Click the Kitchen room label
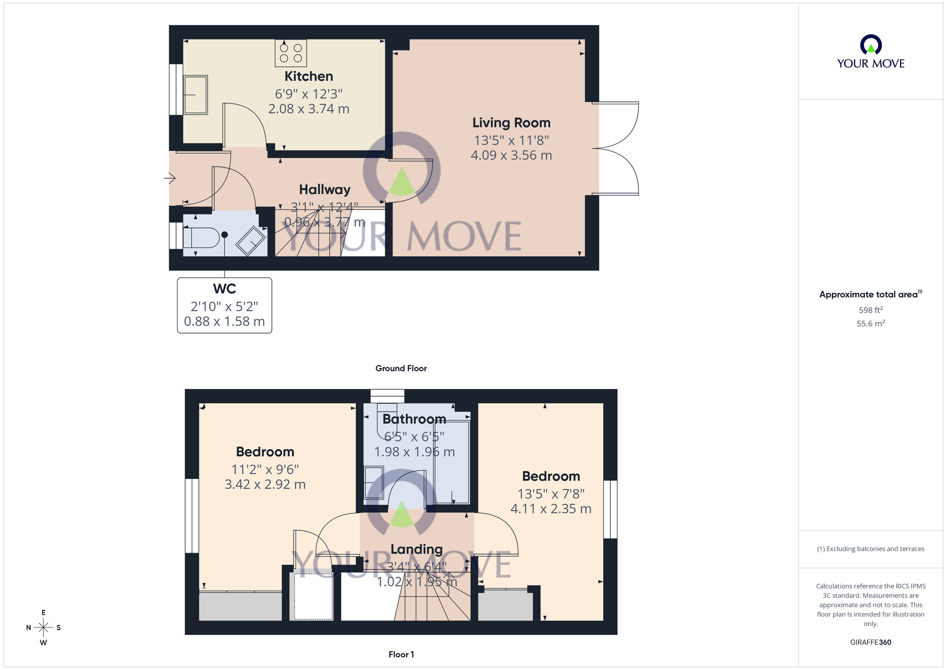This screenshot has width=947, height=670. pyautogui.click(x=309, y=76)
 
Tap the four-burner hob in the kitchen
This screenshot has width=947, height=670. pyautogui.click(x=291, y=53)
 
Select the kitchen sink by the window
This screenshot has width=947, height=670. pyautogui.click(x=196, y=95)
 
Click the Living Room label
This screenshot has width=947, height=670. pyautogui.click(x=511, y=123)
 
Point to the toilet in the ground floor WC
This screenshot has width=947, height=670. pyautogui.click(x=201, y=238)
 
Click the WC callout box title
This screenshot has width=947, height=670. pyautogui.click(x=224, y=289)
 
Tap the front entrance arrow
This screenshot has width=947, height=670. pyautogui.click(x=170, y=178)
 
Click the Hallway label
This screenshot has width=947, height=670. pyautogui.click(x=325, y=190)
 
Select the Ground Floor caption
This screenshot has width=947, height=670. pyautogui.click(x=401, y=368)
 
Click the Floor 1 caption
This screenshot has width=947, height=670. pyautogui.click(x=401, y=654)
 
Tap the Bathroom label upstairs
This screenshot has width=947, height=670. pyautogui.click(x=414, y=419)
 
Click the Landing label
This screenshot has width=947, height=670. pyautogui.click(x=417, y=549)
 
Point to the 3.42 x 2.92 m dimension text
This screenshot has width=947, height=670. pyautogui.click(x=265, y=484)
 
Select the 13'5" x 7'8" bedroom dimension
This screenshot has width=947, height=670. pyautogui.click(x=551, y=494)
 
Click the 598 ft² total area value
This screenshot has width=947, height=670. pyautogui.click(x=870, y=310)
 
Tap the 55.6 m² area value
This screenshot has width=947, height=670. pyautogui.click(x=870, y=324)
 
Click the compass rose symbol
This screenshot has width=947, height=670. pyautogui.click(x=44, y=628)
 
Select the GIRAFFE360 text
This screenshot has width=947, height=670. pyautogui.click(x=870, y=643)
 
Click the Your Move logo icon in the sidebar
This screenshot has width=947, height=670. pyautogui.click(x=871, y=45)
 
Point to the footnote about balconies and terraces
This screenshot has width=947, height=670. pyautogui.click(x=870, y=549)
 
